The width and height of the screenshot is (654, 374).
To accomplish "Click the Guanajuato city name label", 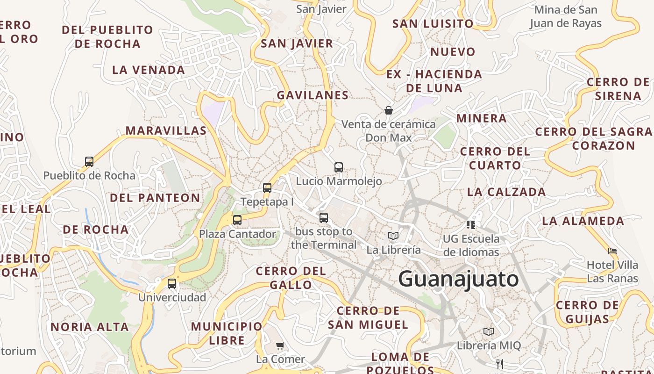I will [459, 279].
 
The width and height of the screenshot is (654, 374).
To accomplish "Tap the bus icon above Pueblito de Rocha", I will [89, 162].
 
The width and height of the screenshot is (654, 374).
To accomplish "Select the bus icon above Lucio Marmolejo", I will [339, 167].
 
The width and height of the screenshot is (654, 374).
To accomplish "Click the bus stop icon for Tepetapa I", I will [267, 188].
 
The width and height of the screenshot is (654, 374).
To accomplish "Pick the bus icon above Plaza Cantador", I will [237, 220].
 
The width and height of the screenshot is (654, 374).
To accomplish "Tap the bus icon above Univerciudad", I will [172, 283].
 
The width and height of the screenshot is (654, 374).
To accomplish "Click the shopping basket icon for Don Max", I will [388, 110].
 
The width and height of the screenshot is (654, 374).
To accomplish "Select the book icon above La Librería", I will [393, 236].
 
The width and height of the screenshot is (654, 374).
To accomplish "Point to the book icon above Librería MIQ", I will [489, 331].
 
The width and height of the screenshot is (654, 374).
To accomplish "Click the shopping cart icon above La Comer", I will [280, 345].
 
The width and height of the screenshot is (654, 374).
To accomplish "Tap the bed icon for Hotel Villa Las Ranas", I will [612, 251].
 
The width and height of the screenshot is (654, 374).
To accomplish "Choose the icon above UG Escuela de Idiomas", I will [471, 225].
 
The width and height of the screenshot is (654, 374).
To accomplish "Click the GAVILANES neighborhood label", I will [313, 95].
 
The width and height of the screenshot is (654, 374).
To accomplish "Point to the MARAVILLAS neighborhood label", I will [166, 130].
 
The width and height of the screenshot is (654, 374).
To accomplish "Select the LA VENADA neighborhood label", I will [149, 70].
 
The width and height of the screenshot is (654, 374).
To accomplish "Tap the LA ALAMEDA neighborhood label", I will [583, 221].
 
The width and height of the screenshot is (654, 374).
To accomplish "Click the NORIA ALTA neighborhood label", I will [90, 327].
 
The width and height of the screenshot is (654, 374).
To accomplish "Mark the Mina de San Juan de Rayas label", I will [566, 16].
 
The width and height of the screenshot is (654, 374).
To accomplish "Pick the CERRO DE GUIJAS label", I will [587, 312].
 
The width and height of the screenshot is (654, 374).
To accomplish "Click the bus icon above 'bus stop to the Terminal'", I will [324, 217].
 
